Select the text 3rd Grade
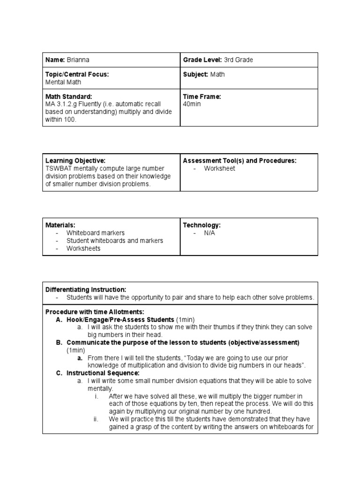(238, 60)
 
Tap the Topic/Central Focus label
(77, 74)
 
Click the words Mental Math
(63, 82)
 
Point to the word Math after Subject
(217, 74)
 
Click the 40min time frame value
(192, 104)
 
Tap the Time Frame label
(202, 96)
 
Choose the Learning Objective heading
(75, 161)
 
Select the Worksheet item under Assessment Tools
(219, 169)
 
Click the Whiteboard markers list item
(95, 233)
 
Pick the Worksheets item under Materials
(83, 248)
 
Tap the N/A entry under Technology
(209, 233)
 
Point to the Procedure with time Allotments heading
(95, 312)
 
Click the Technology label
(202, 225)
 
